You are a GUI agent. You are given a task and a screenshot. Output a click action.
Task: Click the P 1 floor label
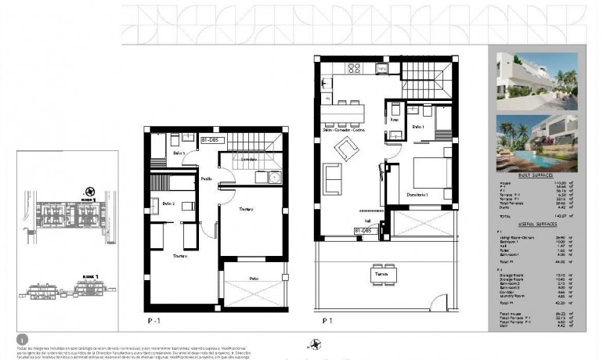[328, 319]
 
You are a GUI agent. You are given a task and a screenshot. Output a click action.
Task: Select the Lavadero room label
[248, 160]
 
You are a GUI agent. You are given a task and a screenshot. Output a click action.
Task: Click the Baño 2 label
[168, 203]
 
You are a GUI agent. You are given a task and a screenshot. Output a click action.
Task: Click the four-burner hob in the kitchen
[353, 67]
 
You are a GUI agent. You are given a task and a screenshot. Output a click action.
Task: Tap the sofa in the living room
[332, 179]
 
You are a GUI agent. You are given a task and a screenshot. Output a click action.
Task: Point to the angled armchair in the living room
[345, 146]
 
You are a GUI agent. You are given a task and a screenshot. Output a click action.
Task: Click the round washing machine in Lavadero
[274, 177]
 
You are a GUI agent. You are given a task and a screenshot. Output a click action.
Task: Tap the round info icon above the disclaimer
[22, 338]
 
